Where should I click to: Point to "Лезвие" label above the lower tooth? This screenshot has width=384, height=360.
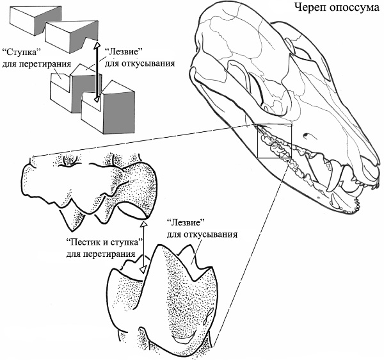click(x=185, y=224)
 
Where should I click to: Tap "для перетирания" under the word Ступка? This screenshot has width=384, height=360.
click(x=28, y=61)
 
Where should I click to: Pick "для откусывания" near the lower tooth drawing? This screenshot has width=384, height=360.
click(x=202, y=234)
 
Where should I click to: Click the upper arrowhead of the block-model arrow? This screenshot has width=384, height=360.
click(x=97, y=46)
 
